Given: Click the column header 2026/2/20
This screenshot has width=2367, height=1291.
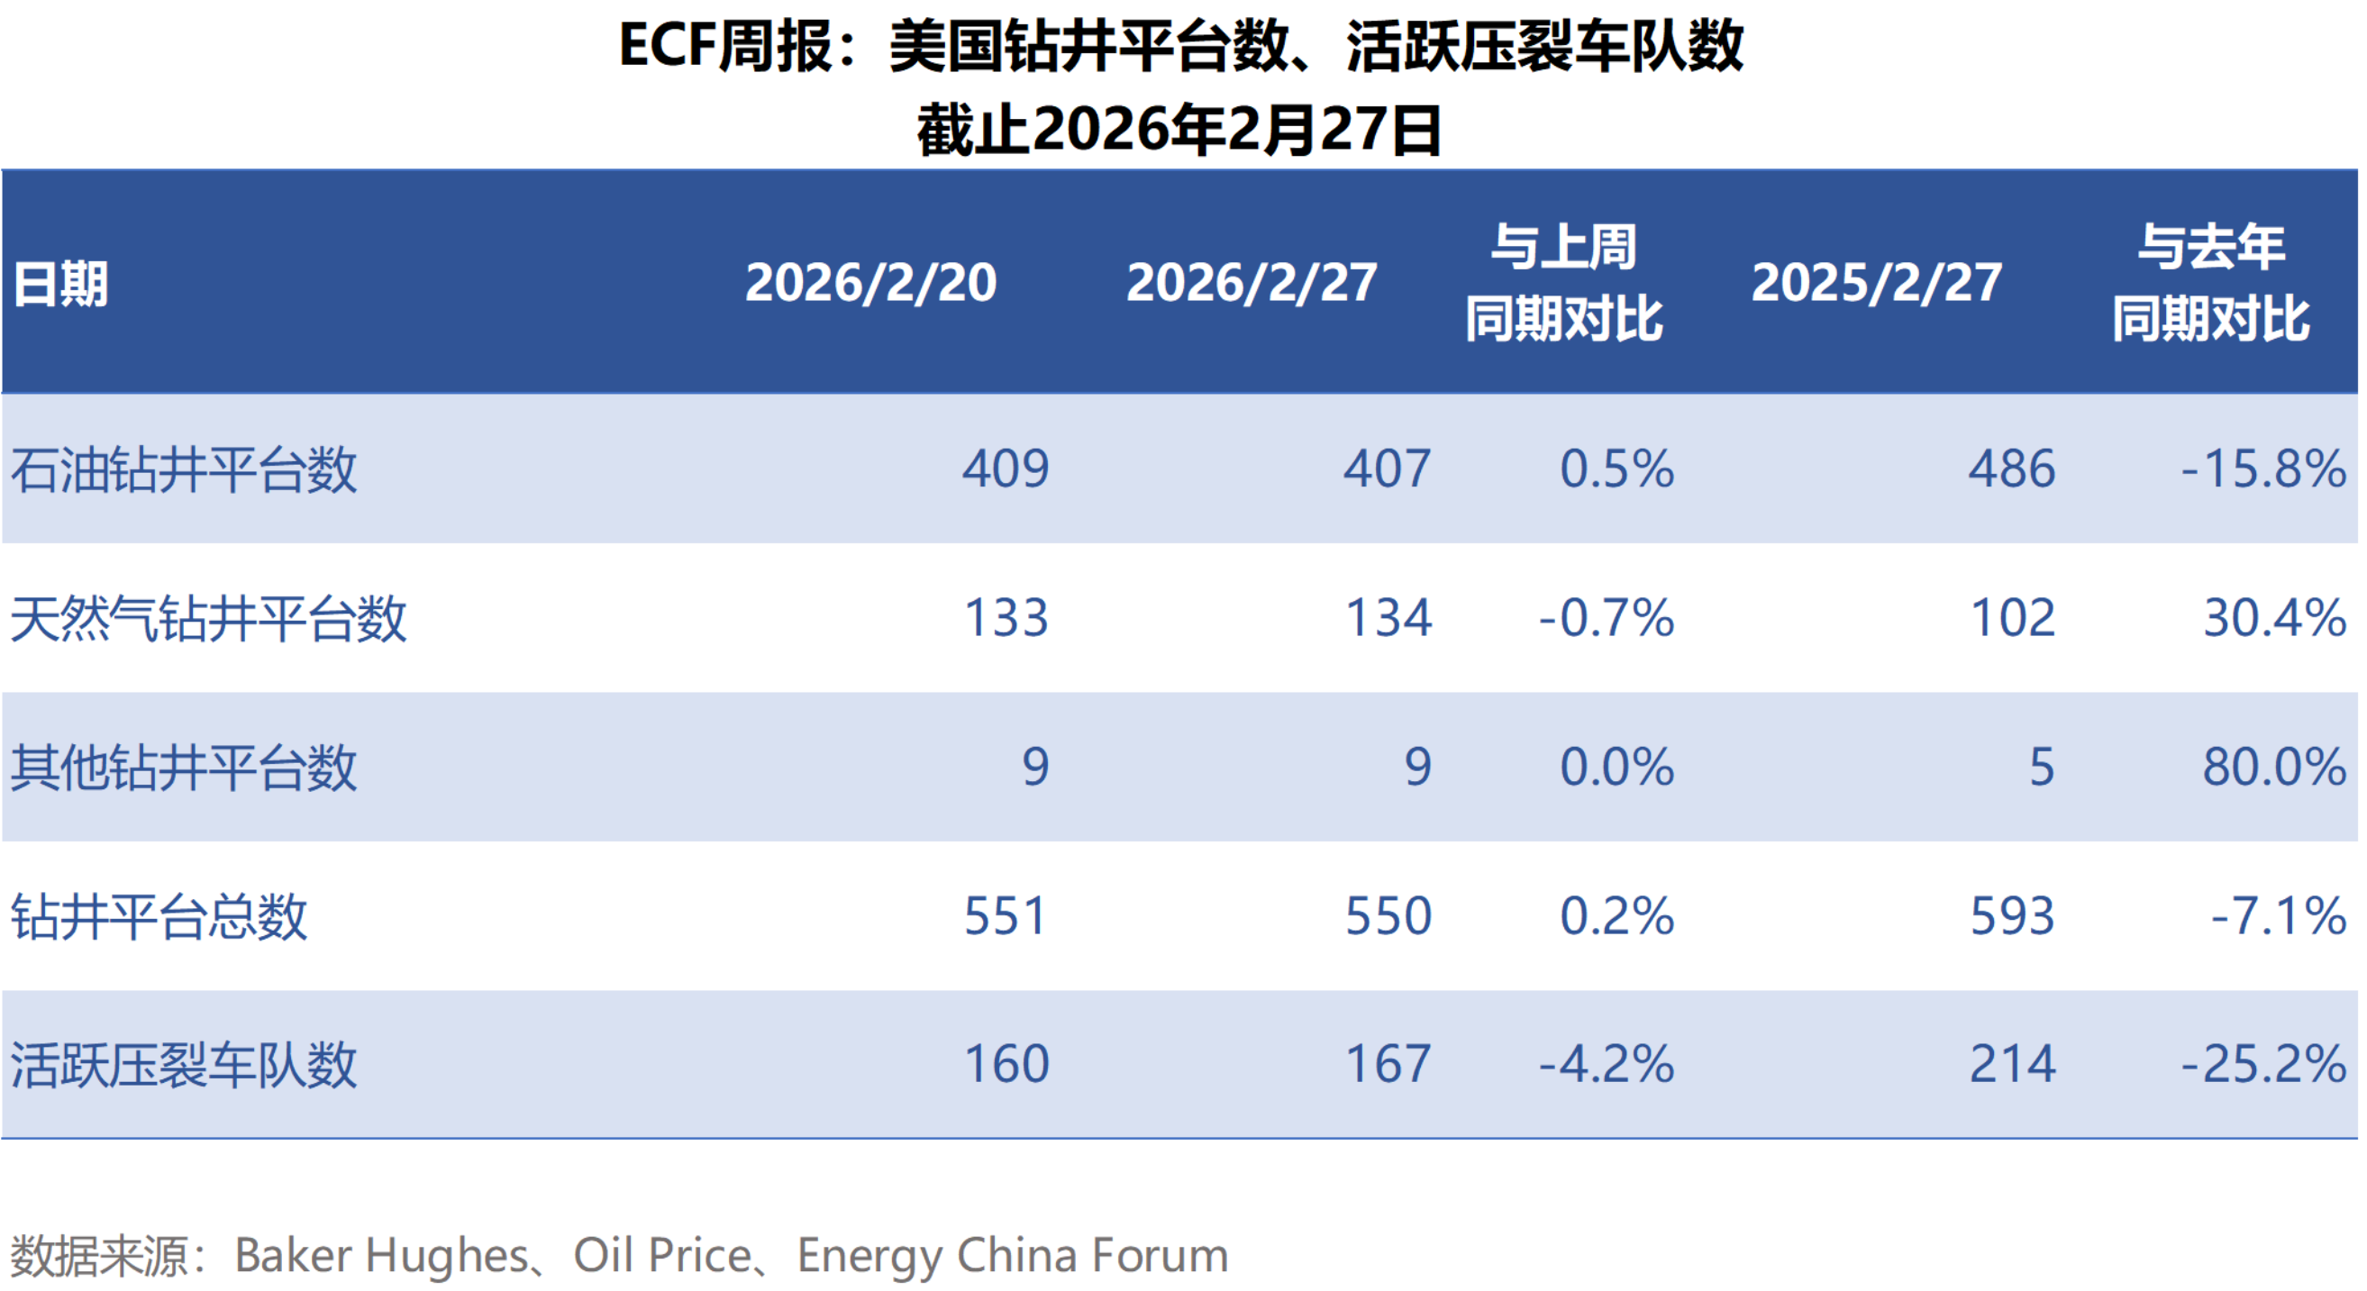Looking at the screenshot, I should pos(870,282).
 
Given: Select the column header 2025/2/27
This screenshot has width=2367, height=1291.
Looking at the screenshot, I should pos(1875,282).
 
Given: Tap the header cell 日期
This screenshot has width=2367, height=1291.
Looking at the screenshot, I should pos(60,284).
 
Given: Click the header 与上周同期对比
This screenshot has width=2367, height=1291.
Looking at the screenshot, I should pos(1563,282).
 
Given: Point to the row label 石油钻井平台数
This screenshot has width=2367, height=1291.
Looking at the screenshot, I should pos(184,469).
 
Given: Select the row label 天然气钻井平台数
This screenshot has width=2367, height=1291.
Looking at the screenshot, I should pos(208,618).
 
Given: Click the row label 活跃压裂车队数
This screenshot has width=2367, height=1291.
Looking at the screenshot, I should pos(184,1065).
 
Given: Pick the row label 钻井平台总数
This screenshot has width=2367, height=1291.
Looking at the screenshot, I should pos(159,916).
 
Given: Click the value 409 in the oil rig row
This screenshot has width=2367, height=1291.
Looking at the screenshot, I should pos(1006,468).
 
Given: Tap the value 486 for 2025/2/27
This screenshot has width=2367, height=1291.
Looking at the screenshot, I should pos(2010,468).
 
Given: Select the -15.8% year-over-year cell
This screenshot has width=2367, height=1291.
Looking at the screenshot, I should pos(2263,468).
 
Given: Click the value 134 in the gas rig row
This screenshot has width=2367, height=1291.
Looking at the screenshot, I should pos(1388,617).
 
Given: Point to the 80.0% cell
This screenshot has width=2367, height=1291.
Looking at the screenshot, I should pos(2274,767).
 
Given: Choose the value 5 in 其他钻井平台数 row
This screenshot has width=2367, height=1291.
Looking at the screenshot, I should pos(2041,767).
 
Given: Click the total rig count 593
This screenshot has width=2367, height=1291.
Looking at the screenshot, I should pos(2011,916).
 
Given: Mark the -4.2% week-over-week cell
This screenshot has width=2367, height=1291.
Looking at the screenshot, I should pos(1607,1064).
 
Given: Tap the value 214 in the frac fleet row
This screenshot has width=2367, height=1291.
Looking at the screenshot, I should pos(2011,1064).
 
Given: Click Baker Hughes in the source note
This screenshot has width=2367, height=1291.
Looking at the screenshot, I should pos(381,1255).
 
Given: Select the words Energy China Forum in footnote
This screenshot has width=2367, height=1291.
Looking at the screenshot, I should pos(1013,1255).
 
